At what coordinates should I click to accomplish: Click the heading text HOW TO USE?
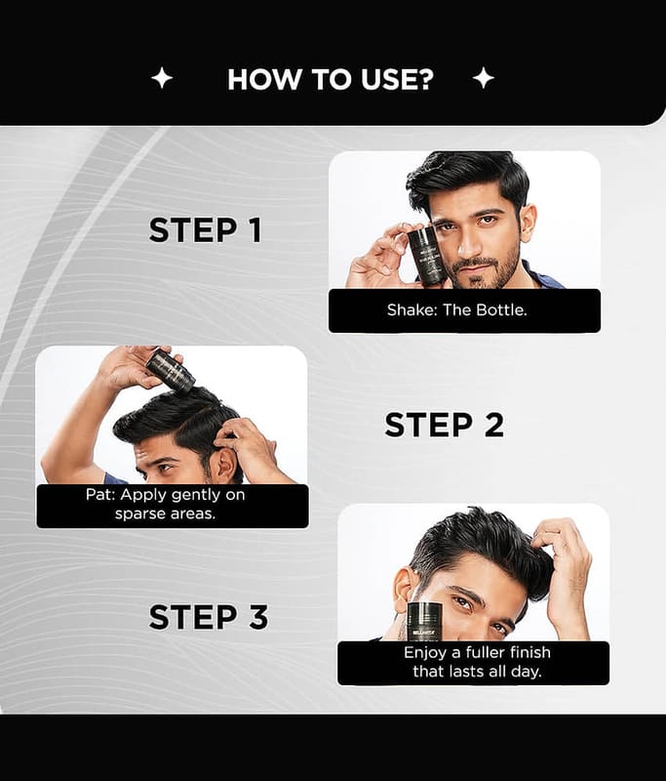pos(331,79)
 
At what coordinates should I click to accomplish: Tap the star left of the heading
pos(162,78)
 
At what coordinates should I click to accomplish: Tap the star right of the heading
pos(483,78)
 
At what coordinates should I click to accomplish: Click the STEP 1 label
pos(205,230)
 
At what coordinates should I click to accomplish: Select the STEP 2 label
pos(445,425)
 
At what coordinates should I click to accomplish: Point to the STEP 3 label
pos(209,617)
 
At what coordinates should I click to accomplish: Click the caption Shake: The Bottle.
pos(457,309)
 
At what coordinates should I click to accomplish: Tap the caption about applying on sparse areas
pos(165,504)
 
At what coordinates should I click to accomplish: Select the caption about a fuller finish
pos(477,662)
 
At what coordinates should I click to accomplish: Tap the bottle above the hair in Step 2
pos(170,370)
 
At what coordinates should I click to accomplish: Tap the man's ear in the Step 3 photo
pos(405,592)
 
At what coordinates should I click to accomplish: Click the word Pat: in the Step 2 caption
pos(100,495)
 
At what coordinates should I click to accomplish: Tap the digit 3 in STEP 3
pos(258,617)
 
